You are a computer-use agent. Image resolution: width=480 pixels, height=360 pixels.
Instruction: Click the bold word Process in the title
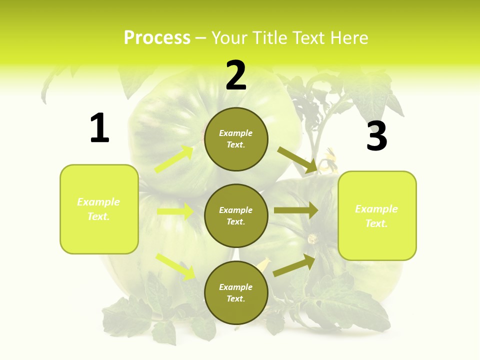click(157, 38)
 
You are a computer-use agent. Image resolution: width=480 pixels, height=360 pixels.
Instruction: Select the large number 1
click(99, 128)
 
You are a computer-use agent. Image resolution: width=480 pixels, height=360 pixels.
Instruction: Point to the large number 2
click(236, 76)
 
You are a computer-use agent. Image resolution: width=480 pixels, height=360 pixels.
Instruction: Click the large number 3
click(377, 136)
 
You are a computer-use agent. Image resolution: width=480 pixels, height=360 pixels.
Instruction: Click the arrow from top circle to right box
click(297, 160)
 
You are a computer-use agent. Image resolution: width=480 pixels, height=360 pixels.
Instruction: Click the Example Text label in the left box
click(99, 209)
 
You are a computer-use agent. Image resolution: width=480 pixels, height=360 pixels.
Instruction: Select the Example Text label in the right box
click(376, 216)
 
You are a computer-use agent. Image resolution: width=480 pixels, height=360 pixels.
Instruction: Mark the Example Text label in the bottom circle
click(236, 293)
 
